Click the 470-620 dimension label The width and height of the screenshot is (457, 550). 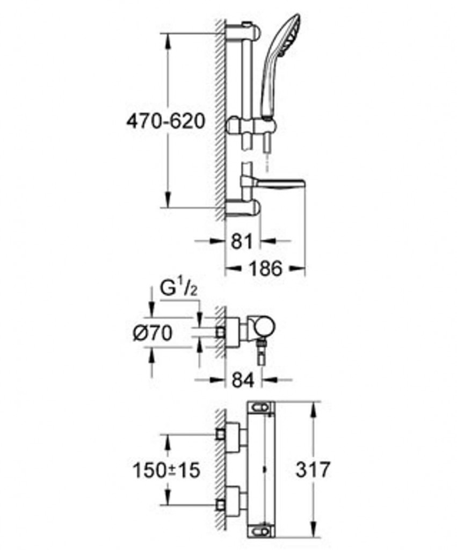(x=165, y=121)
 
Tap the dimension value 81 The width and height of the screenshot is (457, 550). (x=242, y=241)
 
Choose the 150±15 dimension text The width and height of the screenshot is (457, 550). (x=166, y=471)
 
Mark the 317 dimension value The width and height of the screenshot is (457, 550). (x=313, y=470)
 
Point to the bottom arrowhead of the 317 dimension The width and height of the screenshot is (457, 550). (x=313, y=535)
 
